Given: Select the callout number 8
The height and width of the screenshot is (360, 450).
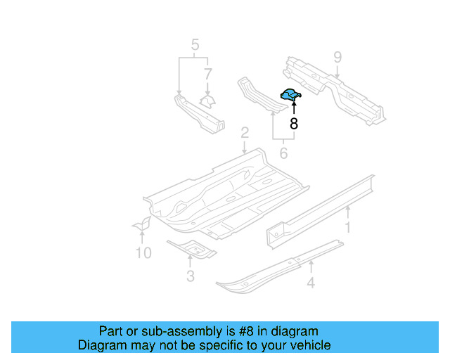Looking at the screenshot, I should tap(294, 124).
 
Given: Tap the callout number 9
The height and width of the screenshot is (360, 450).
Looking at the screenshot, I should tap(337, 57).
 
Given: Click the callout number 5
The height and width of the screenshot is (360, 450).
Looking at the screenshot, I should tap(195, 47).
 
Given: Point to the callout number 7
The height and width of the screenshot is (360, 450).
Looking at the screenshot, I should tap(207, 74).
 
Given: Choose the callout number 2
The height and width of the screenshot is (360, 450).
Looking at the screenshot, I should tap(244, 133).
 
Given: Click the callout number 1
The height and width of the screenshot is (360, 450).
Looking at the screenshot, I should tap(347, 226).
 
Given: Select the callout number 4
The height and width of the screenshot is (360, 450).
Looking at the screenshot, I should tap(310, 283).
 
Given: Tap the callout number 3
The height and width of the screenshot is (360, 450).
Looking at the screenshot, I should tap(190, 276).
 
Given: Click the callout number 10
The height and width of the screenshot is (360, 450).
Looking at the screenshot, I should tap(143, 252).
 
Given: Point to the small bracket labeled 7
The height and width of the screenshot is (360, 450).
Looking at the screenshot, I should tap(207, 101).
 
